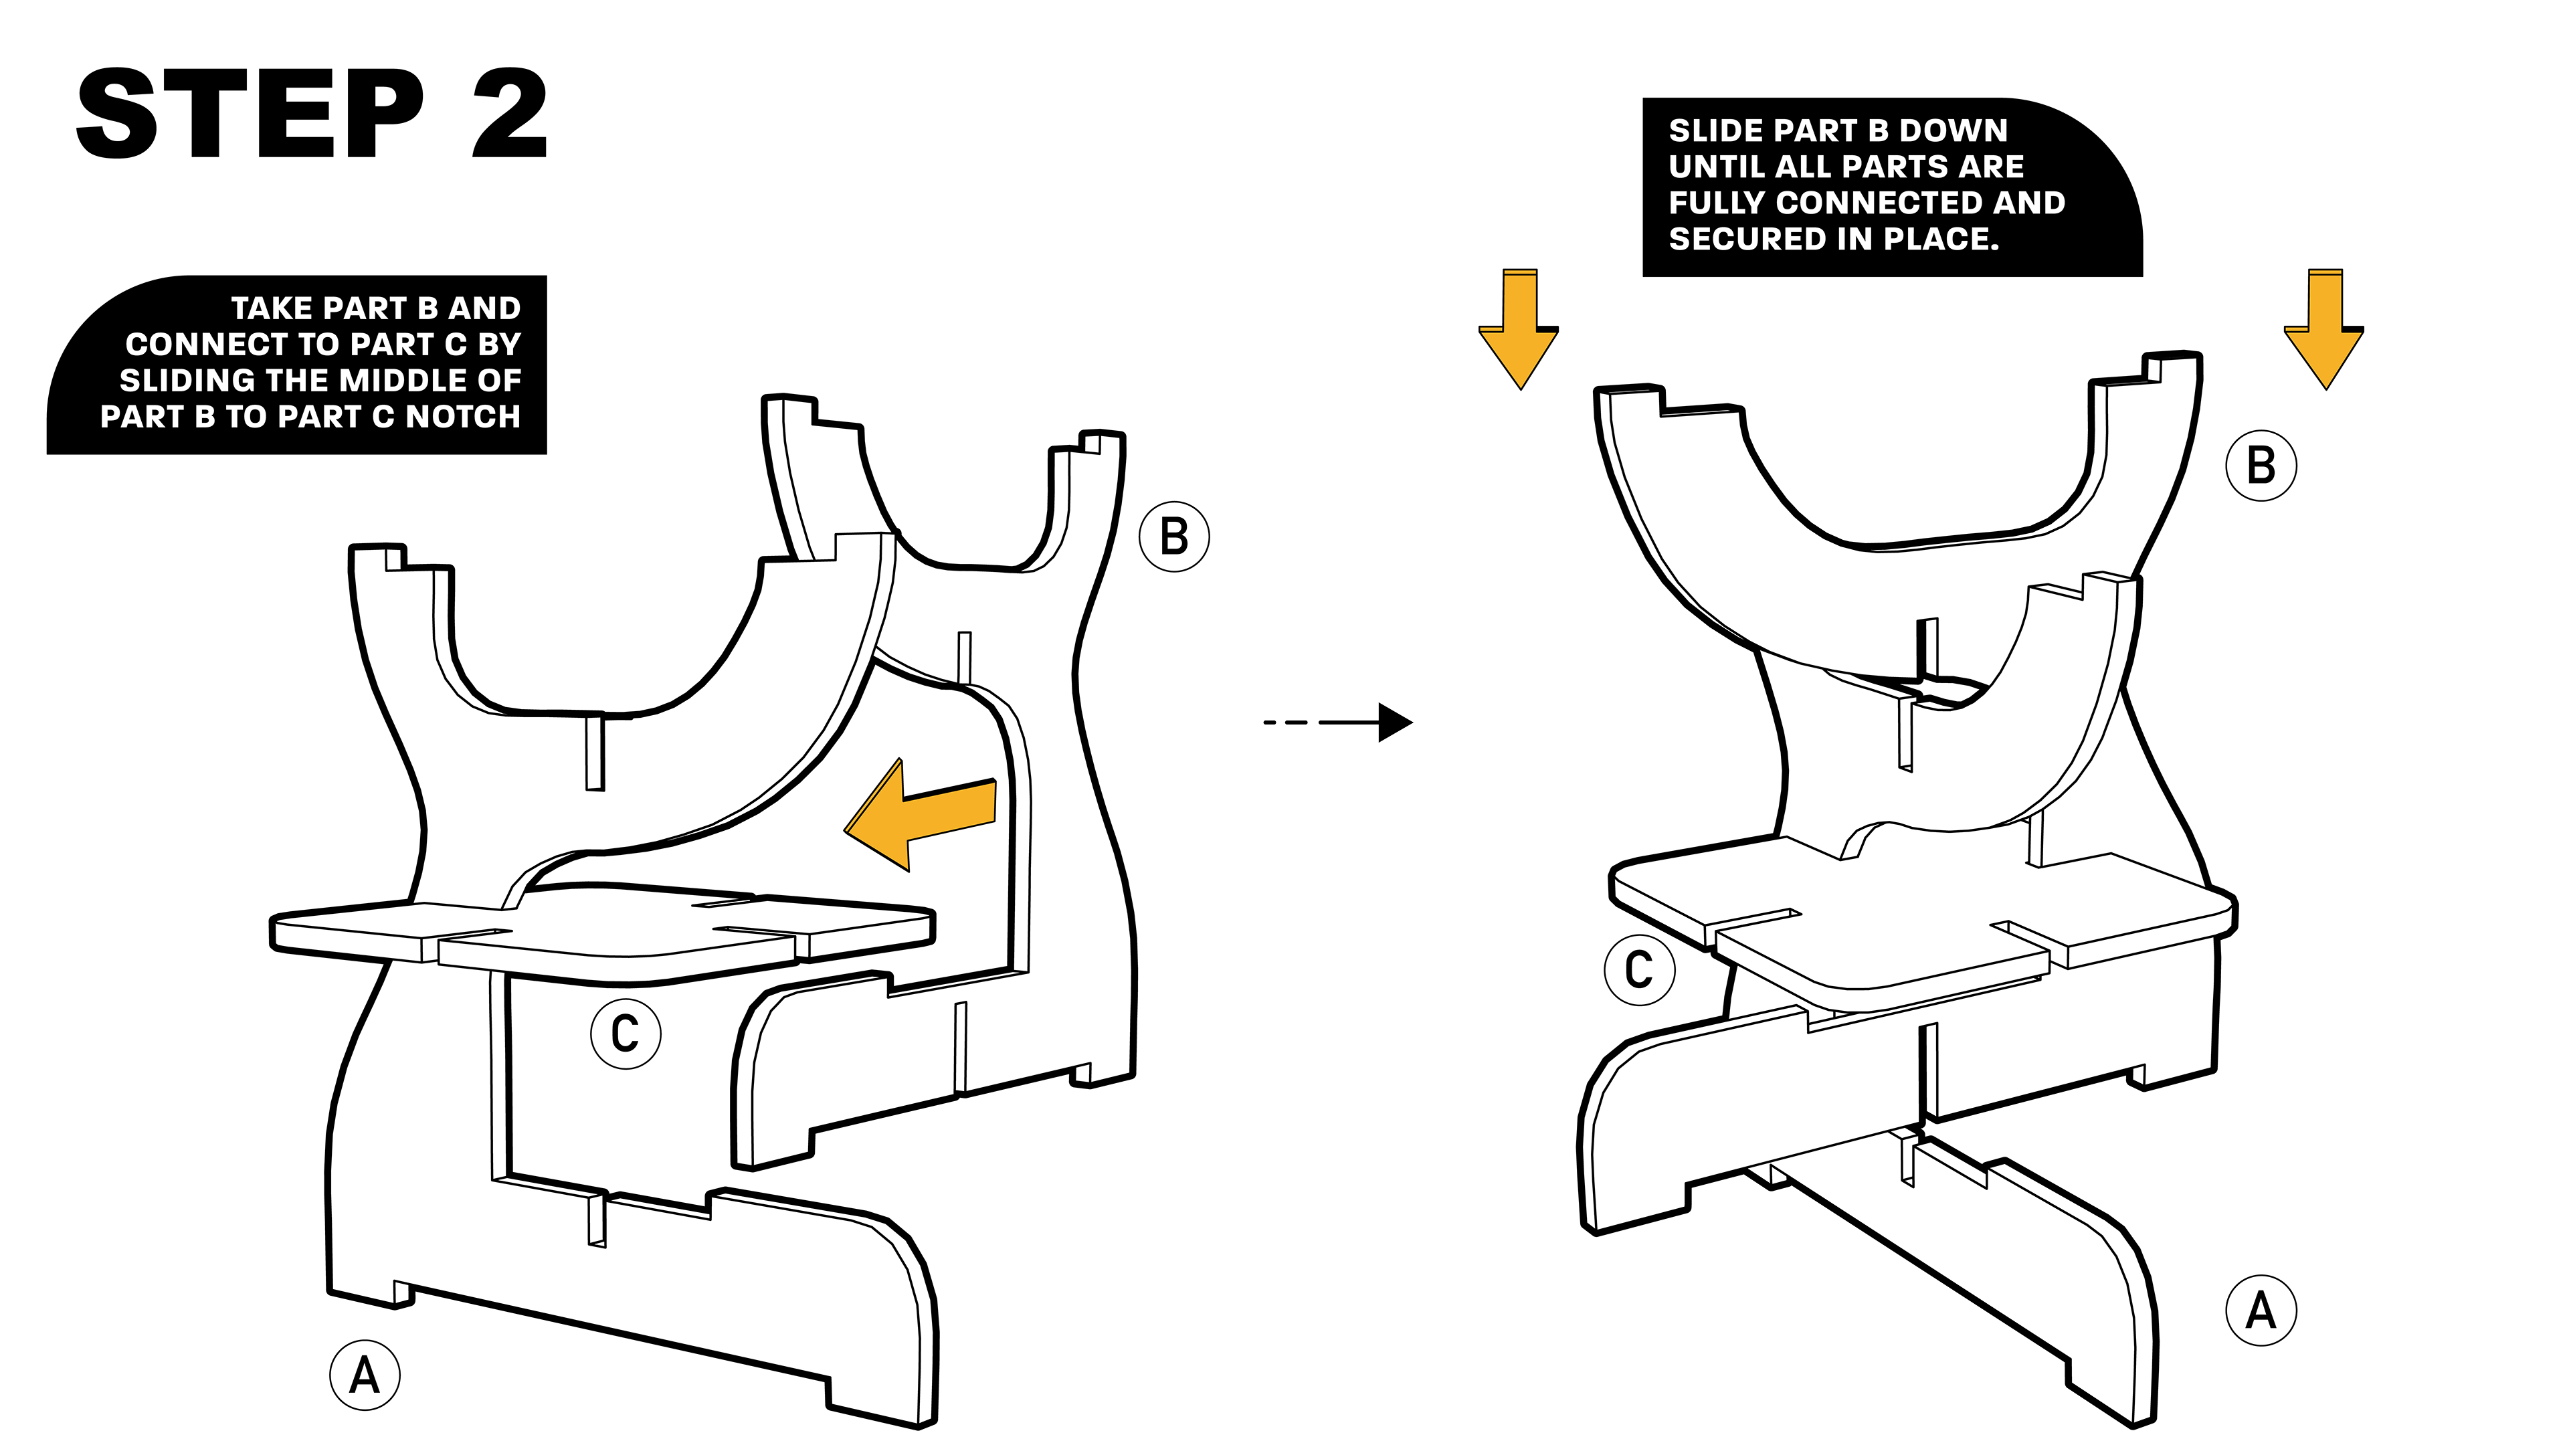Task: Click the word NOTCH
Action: [x=463, y=416]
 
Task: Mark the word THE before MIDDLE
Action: [x=297, y=380]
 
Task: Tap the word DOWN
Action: [x=1953, y=130]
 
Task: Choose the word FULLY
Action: [x=1717, y=203]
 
